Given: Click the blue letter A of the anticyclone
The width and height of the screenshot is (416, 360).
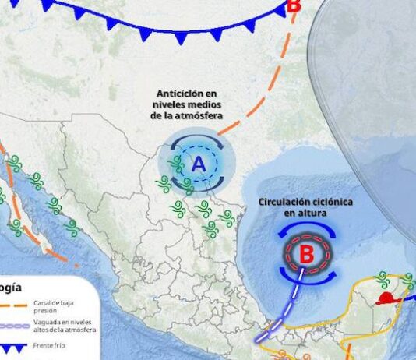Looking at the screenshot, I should tap(198, 164).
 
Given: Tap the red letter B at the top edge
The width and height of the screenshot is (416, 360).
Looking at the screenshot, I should tap(293, 6).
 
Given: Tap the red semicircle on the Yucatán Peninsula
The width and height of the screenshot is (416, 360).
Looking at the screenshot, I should tap(385, 299).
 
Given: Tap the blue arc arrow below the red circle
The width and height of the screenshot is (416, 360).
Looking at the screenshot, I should tap(307, 277).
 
